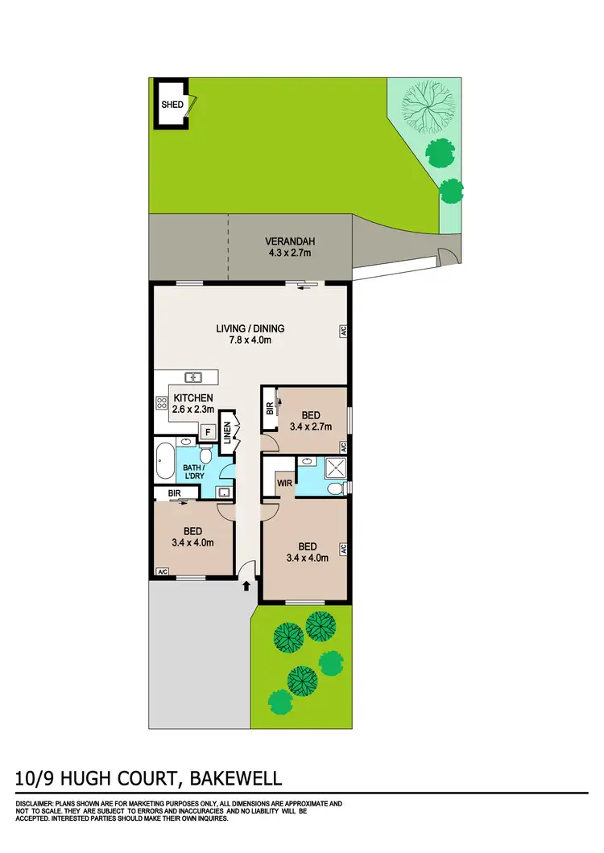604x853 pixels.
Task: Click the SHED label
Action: coord(172,105)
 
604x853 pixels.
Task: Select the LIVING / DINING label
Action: coord(250,328)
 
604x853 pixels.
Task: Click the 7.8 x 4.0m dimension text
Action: coord(250,340)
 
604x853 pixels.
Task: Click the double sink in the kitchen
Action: coord(192,377)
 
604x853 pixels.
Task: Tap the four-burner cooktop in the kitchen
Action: coord(160,405)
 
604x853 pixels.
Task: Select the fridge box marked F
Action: coord(208,432)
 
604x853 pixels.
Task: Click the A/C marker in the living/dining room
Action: coord(342,330)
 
